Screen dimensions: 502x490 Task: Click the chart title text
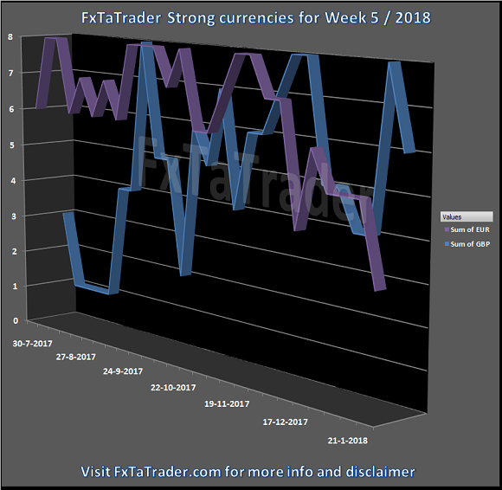pos(256,17)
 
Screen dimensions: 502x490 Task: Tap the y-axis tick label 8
pos(10,37)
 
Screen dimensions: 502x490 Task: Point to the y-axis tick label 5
pos(13,145)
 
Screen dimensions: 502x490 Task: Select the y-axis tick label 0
pos(16,320)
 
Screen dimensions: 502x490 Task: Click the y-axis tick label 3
pos(14,216)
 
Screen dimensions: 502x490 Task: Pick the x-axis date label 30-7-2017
pos(32,344)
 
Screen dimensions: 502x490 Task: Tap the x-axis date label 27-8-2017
pos(76,357)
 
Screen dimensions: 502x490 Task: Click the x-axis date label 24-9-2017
pos(123,371)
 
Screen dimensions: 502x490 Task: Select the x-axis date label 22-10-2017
pos(173,388)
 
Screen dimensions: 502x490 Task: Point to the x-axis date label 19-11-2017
pos(227,404)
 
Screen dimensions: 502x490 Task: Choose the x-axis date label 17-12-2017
pos(286,422)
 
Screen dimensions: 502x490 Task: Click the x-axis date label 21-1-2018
pos(348,441)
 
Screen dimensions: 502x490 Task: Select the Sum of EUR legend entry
pos(467,229)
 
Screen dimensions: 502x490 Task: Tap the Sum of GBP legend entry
pos(467,244)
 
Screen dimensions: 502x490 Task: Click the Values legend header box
pos(467,216)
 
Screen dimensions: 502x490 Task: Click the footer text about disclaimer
pos(248,472)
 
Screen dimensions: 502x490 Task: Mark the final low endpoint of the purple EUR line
pos(380,290)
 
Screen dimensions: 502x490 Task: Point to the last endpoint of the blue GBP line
pos(409,152)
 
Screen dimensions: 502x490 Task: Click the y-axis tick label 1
pos(15,286)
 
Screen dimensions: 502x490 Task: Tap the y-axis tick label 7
pos(11,73)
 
